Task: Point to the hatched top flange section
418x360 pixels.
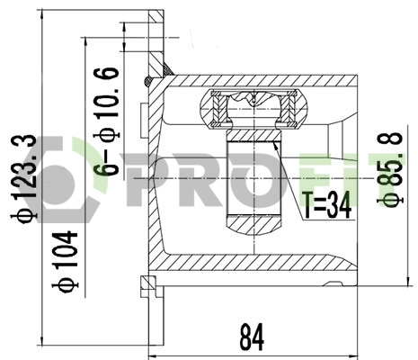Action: click(156, 36)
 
